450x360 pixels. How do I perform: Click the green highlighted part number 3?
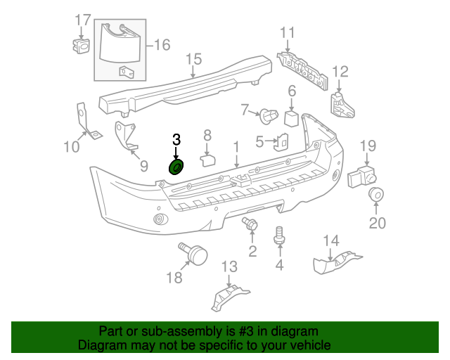coord(176,167)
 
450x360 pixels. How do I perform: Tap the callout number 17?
coord(82,19)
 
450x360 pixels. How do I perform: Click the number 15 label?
coord(193,58)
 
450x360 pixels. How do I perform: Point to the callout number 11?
coord(287,33)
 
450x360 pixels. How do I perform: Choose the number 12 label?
coord(340,71)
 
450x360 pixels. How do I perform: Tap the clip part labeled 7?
coord(268,112)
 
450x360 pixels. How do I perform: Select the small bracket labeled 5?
coord(281,141)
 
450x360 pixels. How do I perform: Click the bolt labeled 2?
coord(250,225)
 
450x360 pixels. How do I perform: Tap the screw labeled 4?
coord(280,234)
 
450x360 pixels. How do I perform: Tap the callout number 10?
coord(72,147)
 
